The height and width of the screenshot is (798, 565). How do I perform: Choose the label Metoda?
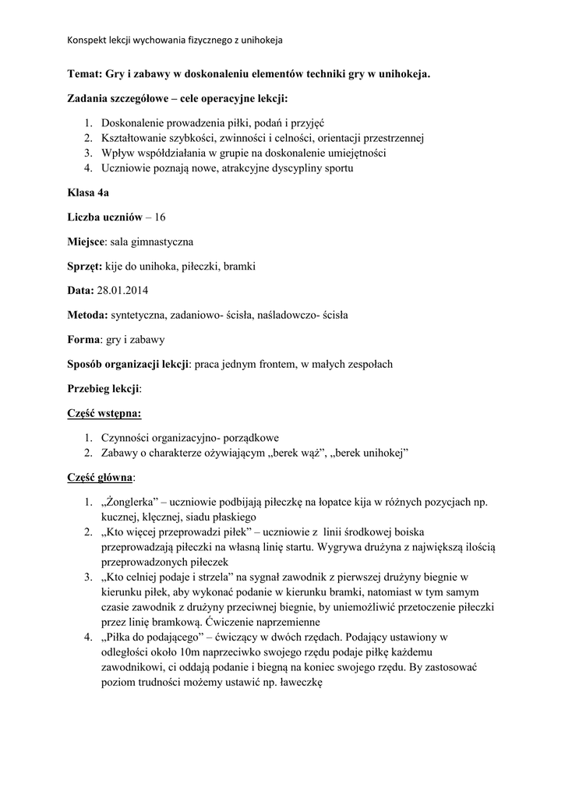87,316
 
